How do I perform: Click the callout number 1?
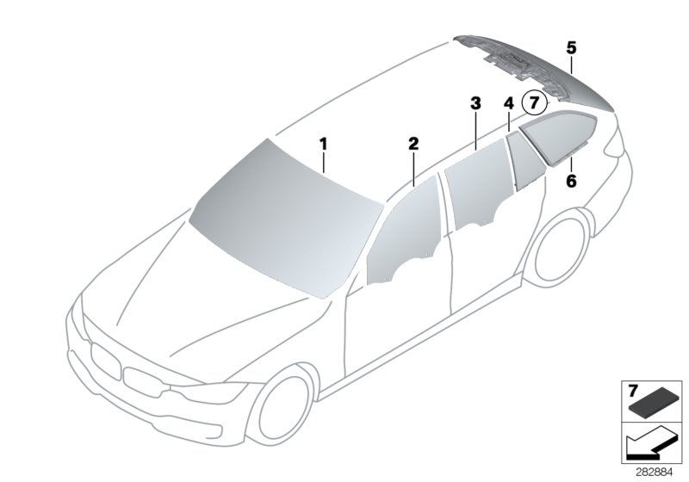click(x=323, y=144)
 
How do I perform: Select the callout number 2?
click(x=413, y=144)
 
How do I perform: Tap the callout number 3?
click(x=475, y=103)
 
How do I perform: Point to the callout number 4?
click(x=508, y=103)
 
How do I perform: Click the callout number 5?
click(x=571, y=47)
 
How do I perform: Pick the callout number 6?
click(x=571, y=181)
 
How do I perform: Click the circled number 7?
click(x=534, y=103)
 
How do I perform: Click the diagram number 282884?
click(x=654, y=473)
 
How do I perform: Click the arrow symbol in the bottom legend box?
click(x=650, y=444)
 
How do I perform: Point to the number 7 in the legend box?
click(x=633, y=390)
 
